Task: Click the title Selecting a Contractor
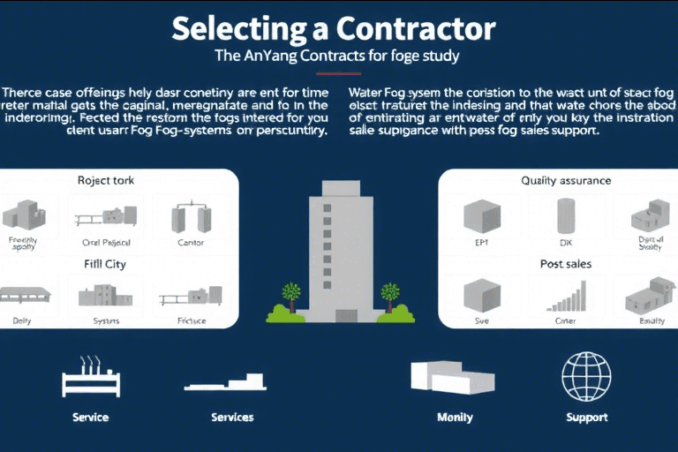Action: click(333, 28)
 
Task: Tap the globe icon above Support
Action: click(586, 376)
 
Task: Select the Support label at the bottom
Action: click(586, 417)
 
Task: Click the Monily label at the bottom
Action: click(455, 417)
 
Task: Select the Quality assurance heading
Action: click(566, 181)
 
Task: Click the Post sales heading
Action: click(566, 264)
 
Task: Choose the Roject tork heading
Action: click(106, 180)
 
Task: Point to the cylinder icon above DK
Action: click(566, 215)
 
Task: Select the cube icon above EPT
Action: click(481, 215)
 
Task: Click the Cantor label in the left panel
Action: click(190, 243)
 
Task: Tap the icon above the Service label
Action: click(90, 377)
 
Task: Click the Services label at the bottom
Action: click(232, 417)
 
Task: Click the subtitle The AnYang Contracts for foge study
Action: click(338, 56)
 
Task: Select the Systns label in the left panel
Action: click(106, 321)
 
